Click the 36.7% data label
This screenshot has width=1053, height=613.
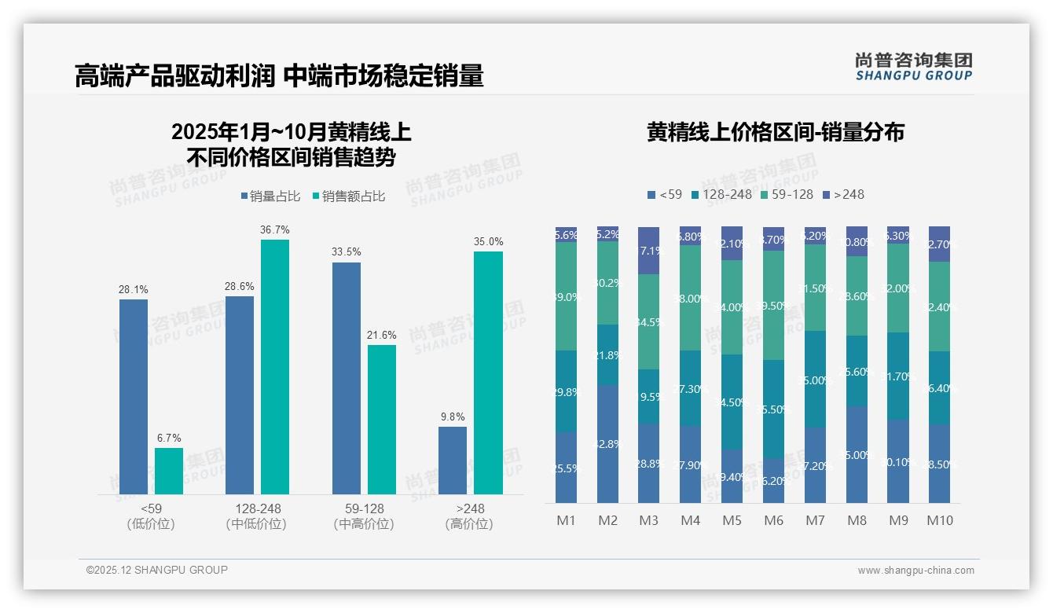click(274, 229)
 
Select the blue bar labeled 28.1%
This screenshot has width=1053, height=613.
click(134, 397)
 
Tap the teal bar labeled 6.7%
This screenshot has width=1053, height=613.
click(169, 471)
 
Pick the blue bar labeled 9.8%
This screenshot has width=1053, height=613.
click(453, 461)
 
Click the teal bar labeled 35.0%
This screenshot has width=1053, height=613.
click(488, 373)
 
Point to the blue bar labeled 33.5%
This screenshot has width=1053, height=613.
click(347, 378)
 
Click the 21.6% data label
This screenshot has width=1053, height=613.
click(381, 335)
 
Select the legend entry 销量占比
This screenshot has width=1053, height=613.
click(270, 196)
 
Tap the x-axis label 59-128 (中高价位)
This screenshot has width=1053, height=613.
click(364, 516)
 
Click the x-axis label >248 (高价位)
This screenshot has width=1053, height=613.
click(469, 516)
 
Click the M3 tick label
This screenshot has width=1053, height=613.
click(648, 520)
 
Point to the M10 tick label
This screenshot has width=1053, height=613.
click(939, 520)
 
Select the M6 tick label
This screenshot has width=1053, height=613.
click(773, 520)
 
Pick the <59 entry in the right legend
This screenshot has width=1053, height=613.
click(664, 194)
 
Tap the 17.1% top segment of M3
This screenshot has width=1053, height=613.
click(648, 251)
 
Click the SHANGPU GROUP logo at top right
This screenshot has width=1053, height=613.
click(913, 67)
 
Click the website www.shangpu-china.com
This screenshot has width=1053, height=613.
click(915, 571)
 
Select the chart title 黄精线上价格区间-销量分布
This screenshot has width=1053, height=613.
click(775, 132)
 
